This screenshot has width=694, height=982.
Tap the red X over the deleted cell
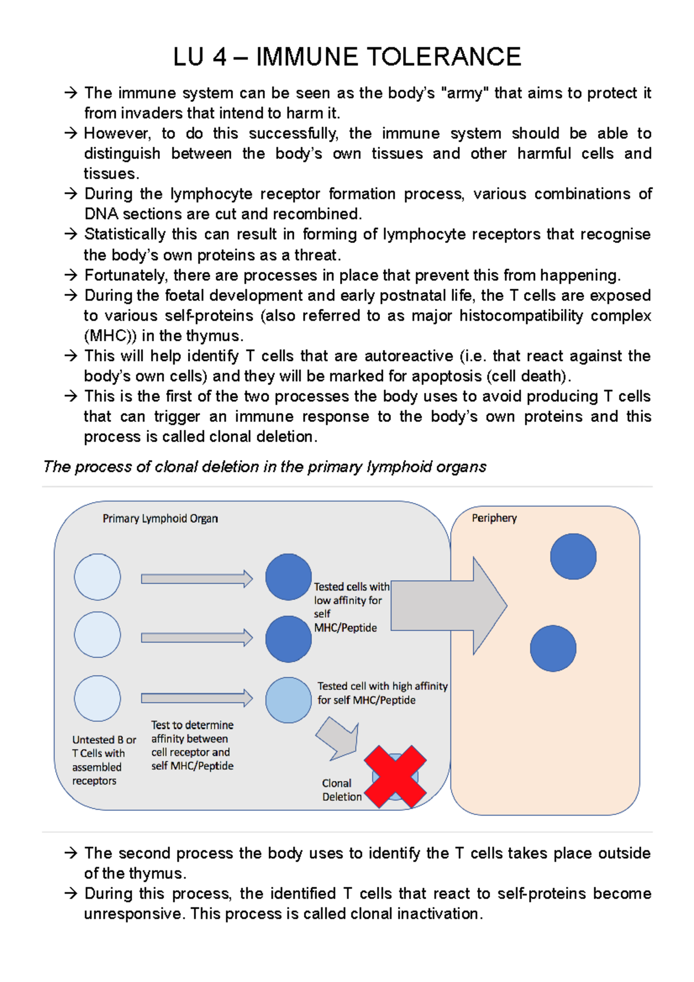pos(396,777)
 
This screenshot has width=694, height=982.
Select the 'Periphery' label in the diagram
pos(494,518)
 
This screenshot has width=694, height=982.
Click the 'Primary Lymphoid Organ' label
pos(160,519)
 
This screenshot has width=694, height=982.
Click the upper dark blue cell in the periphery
pos(573,556)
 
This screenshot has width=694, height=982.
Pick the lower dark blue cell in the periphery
pos(553,648)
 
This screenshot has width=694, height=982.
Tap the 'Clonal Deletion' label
pos(342,790)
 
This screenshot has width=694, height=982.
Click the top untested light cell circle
pos(97,577)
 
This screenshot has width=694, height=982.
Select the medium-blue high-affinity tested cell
pos(288,700)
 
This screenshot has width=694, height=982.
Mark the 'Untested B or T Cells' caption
pos(104,760)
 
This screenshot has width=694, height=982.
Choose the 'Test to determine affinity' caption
pos(192,745)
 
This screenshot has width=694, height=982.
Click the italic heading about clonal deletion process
pos(264,467)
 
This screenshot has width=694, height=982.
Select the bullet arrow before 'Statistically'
pos(71,234)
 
